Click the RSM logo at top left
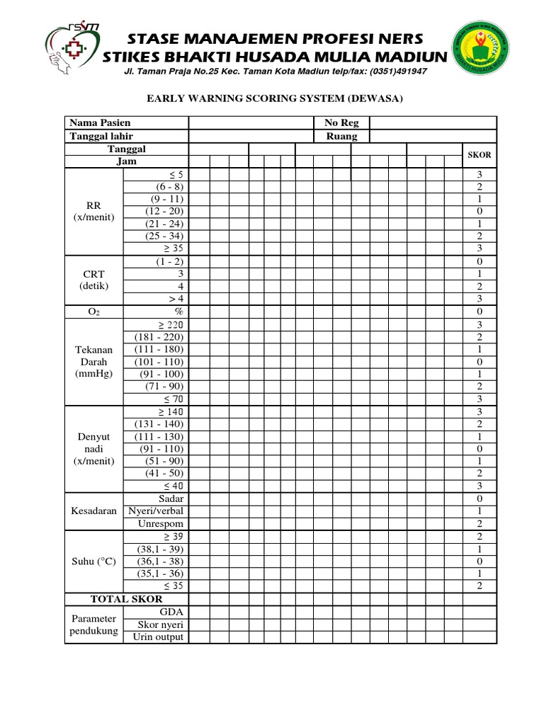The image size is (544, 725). tap(71, 50)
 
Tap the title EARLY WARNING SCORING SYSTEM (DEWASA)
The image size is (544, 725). tap(273, 99)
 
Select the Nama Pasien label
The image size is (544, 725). tap(100, 123)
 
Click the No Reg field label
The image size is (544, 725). tap(341, 123)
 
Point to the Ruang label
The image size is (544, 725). tap(341, 136)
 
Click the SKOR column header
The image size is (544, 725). tap(480, 155)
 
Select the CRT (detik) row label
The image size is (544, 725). tap(93, 280)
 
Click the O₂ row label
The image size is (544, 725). tap(93, 312)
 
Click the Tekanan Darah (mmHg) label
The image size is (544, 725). tap(93, 362)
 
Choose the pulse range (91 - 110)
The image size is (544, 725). tap(161, 449)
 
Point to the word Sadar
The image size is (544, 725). tap(171, 499)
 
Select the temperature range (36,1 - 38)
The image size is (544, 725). tap(161, 561)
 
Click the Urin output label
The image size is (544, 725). tap(158, 636)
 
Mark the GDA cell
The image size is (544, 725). tap(172, 612)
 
